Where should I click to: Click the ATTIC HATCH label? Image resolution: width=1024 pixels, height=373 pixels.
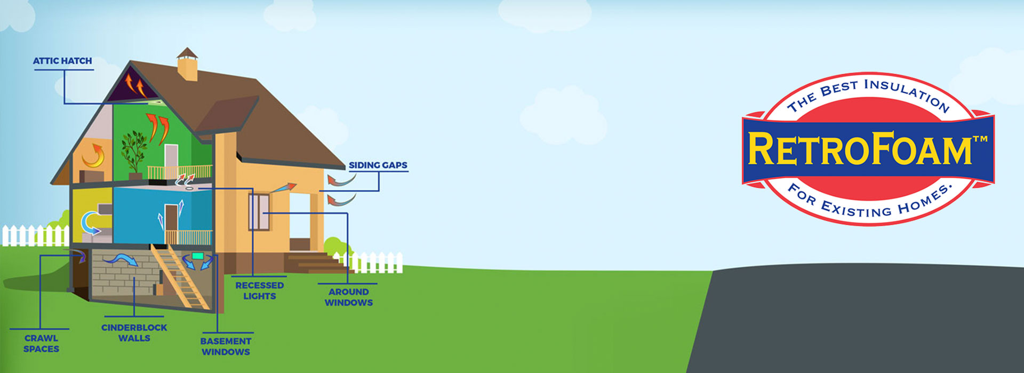click(62, 61)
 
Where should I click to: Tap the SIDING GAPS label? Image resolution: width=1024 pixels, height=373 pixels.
click(378, 165)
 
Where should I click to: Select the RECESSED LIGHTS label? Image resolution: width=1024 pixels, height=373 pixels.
click(260, 290)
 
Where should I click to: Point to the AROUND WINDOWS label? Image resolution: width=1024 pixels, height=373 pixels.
click(349, 297)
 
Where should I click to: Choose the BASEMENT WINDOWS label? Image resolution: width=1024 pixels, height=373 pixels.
click(226, 346)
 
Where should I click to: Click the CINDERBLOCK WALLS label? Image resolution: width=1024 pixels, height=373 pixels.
click(134, 332)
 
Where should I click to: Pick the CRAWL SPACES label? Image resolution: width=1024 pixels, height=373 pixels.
click(41, 343)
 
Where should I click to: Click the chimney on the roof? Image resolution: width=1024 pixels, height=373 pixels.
click(187, 64)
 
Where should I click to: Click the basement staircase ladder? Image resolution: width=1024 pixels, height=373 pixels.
click(180, 276)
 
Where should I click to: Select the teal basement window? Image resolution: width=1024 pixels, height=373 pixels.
click(198, 256)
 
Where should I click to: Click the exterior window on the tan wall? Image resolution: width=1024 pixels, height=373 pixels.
click(259, 212)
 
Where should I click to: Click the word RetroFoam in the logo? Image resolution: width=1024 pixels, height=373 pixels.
click(860, 149)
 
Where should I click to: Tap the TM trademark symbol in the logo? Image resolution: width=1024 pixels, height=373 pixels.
click(980, 139)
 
